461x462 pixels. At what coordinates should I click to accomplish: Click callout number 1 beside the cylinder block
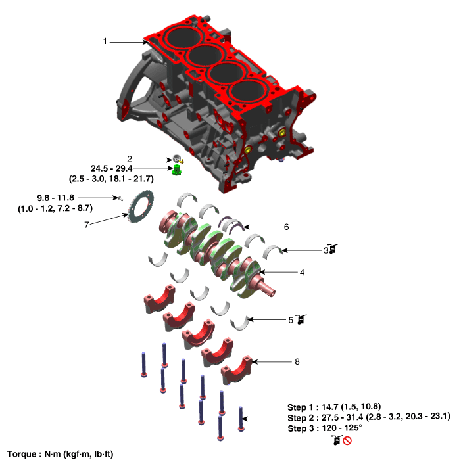(105, 41)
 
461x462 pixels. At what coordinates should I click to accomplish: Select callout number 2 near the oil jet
(130, 159)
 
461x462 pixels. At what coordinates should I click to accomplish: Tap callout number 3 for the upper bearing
(326, 250)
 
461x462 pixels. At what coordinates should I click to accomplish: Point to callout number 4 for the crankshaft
(303, 271)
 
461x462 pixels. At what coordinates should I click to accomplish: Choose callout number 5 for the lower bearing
(291, 319)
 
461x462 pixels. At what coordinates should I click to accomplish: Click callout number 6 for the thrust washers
(286, 226)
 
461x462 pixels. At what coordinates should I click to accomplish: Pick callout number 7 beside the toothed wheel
(86, 225)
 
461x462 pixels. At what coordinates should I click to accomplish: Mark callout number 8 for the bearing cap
(297, 361)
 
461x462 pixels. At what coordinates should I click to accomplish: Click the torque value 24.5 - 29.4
(112, 169)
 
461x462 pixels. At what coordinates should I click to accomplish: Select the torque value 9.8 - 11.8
(57, 198)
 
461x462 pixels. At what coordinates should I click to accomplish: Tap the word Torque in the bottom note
(22, 454)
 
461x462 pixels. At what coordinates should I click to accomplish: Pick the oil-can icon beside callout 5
(301, 319)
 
